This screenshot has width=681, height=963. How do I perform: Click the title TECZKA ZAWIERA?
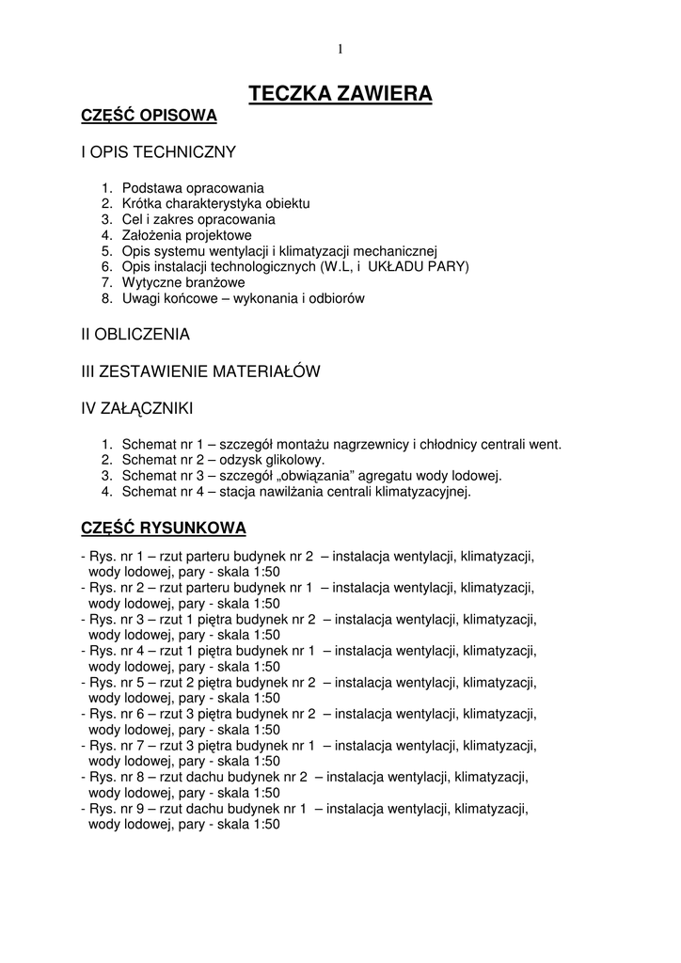340,93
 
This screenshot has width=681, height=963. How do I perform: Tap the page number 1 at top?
340,49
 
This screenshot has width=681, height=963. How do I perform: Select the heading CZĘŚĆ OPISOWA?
149,116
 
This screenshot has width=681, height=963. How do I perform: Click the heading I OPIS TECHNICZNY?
158,151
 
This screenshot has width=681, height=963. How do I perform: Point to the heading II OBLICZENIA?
135,334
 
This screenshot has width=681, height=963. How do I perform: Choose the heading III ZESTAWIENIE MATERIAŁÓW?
201,371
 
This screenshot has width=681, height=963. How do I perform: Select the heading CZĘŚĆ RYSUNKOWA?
164,527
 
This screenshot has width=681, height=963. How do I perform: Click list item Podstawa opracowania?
193,187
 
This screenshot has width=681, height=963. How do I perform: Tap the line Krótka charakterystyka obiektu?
215,203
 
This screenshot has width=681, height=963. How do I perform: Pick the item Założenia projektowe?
186,235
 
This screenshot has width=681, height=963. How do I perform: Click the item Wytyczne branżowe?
183,282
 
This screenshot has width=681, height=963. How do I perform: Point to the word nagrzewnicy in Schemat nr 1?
373,444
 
